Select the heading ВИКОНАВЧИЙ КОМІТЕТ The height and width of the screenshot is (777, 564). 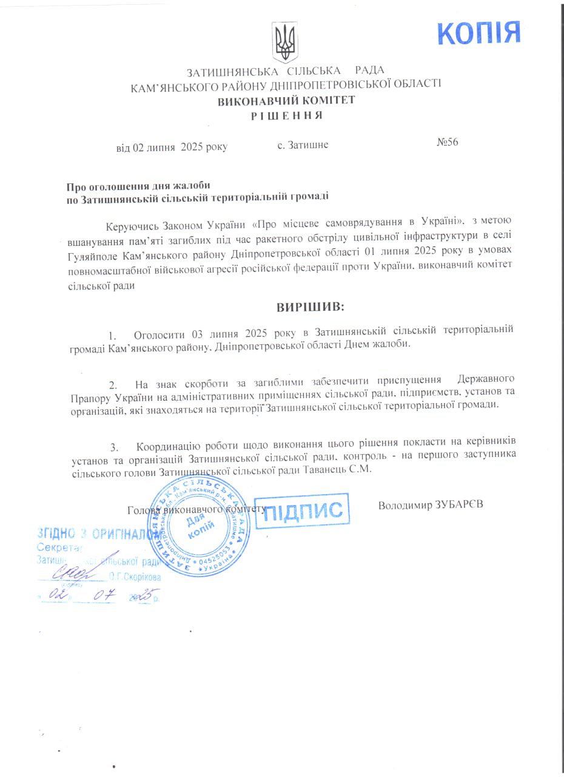(286, 101)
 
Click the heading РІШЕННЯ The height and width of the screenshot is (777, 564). (286, 115)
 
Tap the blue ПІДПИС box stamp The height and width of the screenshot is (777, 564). (306, 509)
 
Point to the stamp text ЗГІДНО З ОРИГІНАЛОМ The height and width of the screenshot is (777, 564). (91, 534)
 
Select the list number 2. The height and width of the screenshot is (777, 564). (112, 384)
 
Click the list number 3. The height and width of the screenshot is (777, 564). (113, 447)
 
